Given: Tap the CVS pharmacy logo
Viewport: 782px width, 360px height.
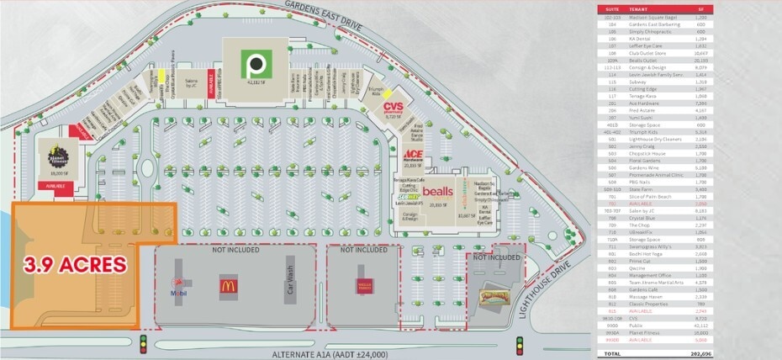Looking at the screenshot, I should pos(394,108).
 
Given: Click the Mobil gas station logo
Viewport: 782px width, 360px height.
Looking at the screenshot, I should pos(177,285).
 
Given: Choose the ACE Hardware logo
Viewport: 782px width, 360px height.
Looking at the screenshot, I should pos(412,154).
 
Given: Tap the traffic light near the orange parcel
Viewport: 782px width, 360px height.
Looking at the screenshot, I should pos(143,344).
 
